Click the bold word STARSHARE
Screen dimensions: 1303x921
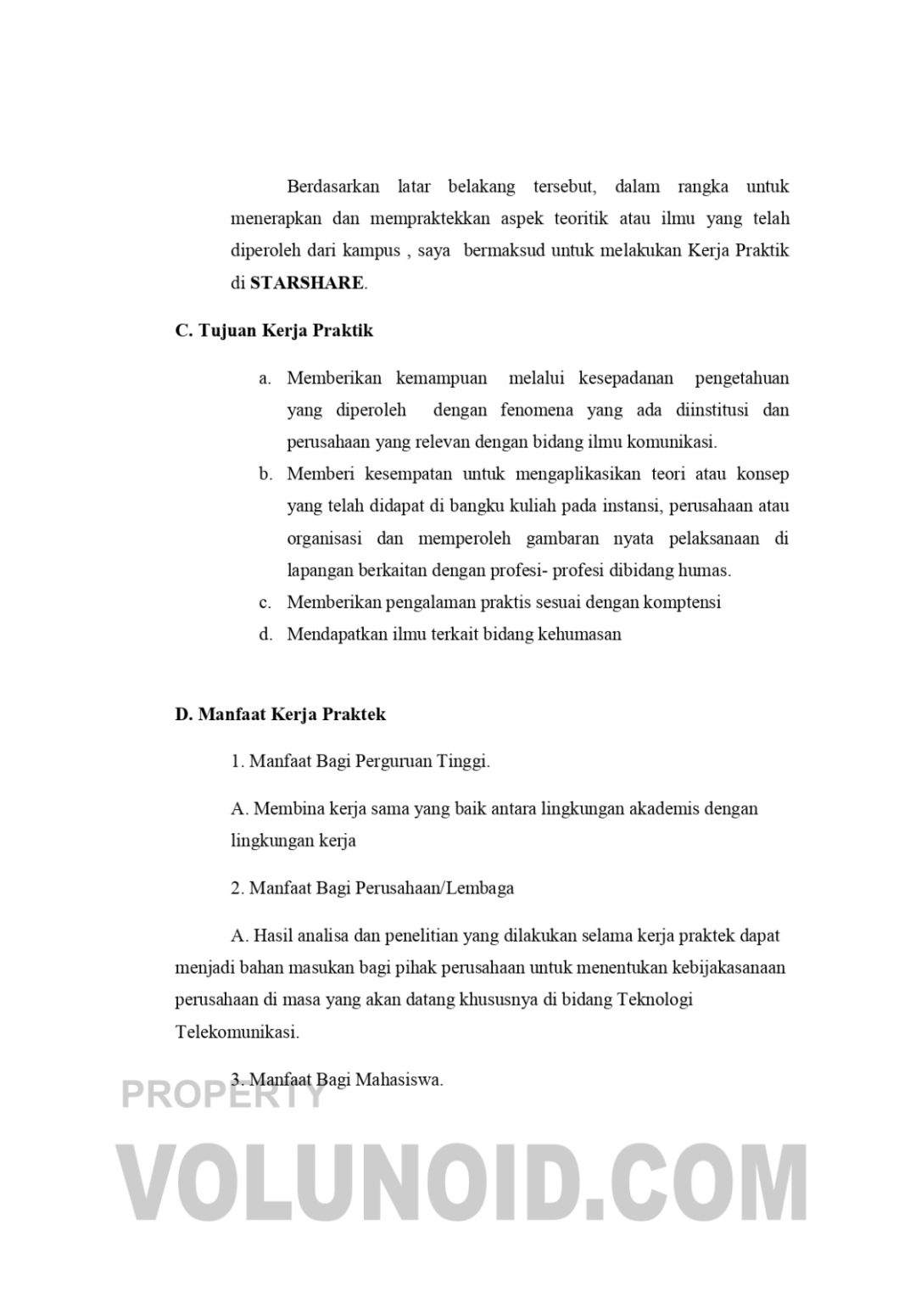(306, 283)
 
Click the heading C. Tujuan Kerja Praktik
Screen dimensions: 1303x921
(274, 331)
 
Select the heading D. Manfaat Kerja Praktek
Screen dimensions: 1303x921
(280, 714)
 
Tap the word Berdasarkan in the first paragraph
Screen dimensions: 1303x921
(334, 187)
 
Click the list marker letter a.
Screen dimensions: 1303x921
(265, 378)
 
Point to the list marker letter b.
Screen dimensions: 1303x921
(265, 474)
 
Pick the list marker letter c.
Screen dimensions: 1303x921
(265, 602)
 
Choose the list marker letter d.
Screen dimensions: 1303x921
(265, 635)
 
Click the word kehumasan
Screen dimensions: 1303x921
(579, 635)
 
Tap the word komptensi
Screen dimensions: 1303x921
(682, 602)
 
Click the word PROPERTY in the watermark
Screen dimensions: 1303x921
(223, 1094)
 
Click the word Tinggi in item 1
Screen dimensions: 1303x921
(463, 761)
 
